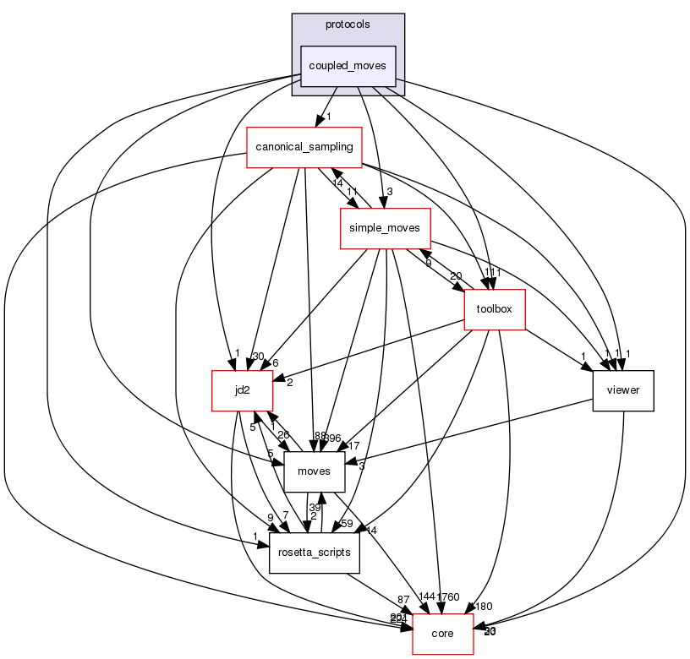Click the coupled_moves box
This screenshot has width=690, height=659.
348,66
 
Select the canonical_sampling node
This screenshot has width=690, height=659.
304,147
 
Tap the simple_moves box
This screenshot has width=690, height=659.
386,228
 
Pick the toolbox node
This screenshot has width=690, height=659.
495,309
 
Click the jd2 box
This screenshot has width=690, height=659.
242,390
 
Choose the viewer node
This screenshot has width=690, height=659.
623,391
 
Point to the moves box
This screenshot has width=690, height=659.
315,471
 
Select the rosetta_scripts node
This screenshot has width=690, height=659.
315,553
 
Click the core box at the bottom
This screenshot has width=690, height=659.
442,634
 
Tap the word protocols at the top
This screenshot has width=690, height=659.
348,24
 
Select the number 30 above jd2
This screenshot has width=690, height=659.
257,356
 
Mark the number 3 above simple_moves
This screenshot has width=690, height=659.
389,191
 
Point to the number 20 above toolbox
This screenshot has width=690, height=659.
456,276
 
